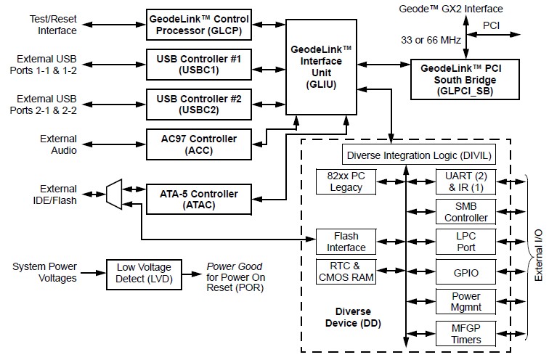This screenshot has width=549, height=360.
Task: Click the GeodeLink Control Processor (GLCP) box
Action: tap(200, 24)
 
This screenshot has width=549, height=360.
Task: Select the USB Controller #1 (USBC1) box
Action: tap(200, 63)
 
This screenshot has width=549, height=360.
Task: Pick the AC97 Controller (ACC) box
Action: tap(200, 142)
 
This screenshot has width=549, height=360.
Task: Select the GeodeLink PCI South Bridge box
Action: tap(465, 78)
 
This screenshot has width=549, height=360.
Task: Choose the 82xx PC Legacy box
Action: tap(345, 181)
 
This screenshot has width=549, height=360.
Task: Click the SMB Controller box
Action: tap(466, 211)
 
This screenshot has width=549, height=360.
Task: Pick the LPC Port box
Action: tap(466, 242)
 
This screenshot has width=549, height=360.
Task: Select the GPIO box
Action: tap(466, 273)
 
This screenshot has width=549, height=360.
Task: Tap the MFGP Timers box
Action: tap(466, 334)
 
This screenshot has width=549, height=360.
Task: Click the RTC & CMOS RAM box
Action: tap(345, 271)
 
